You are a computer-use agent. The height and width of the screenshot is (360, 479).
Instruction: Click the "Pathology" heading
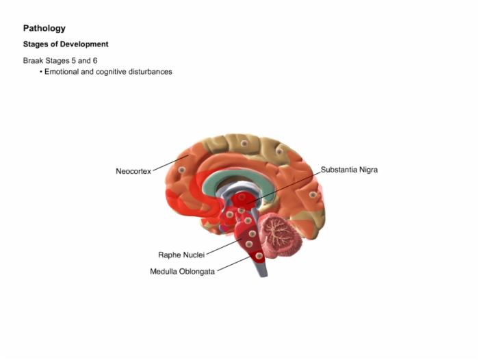pyautogui.click(x=44, y=29)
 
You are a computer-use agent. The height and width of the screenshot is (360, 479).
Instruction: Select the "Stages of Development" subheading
pyautogui.click(x=66, y=44)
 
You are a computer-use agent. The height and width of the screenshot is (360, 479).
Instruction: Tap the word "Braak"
pyautogui.click(x=34, y=60)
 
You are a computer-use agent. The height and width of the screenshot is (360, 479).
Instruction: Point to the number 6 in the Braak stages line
pyautogui.click(x=95, y=60)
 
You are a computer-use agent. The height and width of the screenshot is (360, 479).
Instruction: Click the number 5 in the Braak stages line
pyautogui.click(x=73, y=60)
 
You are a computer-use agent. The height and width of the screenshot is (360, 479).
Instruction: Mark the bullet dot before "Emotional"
pyautogui.click(x=40, y=72)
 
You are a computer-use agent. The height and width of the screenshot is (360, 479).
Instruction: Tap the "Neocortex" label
pyautogui.click(x=133, y=171)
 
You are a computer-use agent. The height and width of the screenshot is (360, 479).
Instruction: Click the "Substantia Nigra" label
pyautogui.click(x=349, y=170)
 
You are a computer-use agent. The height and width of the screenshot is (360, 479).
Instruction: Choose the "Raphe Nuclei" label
pyautogui.click(x=181, y=255)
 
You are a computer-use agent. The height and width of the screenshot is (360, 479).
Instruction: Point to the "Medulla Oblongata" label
pyautogui.click(x=182, y=272)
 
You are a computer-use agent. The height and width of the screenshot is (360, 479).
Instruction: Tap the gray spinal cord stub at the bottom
pyautogui.click(x=262, y=269)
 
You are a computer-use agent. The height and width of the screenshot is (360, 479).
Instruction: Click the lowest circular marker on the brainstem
pyautogui.click(x=259, y=256)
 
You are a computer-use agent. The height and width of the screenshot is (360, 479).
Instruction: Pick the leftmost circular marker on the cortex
pyautogui.click(x=182, y=170)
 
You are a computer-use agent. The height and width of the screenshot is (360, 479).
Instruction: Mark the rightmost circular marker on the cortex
pyautogui.click(x=313, y=194)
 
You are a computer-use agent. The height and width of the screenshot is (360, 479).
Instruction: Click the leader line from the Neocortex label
pyautogui.click(x=171, y=163)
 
